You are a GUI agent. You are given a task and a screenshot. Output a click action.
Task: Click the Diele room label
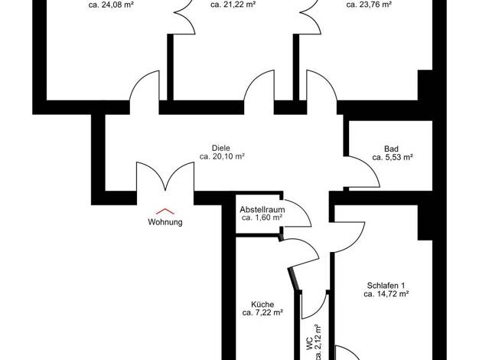(221, 148)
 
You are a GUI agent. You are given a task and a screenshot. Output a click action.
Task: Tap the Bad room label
(391, 149)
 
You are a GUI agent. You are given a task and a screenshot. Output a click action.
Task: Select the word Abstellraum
(262, 210)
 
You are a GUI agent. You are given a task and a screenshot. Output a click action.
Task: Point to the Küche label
(262, 305)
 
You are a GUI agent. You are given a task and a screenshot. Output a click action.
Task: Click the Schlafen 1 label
(386, 286)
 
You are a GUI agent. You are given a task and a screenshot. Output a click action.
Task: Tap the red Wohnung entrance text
(165, 222)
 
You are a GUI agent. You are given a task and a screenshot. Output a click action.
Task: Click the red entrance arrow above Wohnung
(165, 211)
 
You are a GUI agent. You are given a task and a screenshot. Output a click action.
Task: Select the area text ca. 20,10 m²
(222, 156)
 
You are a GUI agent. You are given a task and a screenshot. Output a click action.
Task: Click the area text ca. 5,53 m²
(393, 157)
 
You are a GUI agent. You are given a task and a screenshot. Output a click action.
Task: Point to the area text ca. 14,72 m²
(386, 294)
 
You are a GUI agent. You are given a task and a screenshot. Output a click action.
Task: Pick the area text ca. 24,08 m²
(111, 5)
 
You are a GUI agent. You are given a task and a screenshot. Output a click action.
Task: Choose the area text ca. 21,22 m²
(233, 5)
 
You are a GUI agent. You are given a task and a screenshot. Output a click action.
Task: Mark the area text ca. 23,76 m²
(369, 5)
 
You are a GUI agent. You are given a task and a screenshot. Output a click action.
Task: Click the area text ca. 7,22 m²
(262, 313)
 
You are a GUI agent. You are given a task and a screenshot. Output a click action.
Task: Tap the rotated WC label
(309, 343)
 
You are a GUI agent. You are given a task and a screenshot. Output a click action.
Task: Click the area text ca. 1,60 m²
(262, 218)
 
